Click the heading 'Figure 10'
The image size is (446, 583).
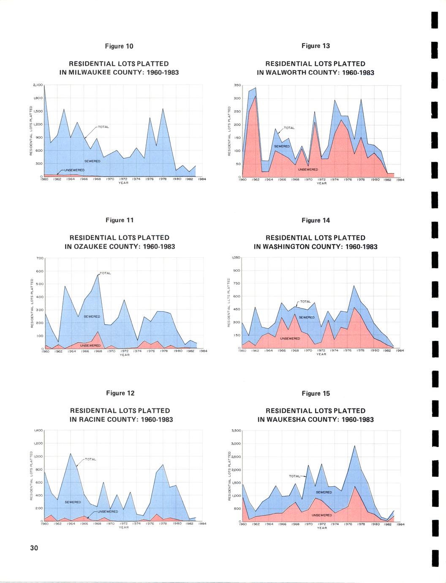tap(120, 46)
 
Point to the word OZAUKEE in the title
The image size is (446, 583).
tap(91, 247)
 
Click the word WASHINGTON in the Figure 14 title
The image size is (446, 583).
tap(291, 247)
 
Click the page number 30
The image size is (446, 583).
tap(34, 548)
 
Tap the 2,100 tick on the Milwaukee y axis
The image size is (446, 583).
tap(38, 85)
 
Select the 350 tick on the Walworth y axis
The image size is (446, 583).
tap(237, 85)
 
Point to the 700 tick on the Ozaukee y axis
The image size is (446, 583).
tap(40, 258)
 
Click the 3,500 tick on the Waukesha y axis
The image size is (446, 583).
tap(236, 430)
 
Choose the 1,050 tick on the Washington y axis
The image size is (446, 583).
tap(236, 257)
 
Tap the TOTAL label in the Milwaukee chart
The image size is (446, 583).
tap(103, 127)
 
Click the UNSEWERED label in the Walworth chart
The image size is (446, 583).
tap(308, 169)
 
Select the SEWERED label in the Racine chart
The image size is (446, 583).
tap(73, 502)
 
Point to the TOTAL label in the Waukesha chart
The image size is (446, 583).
tap(294, 476)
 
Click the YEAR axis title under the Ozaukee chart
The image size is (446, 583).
tap(124, 355)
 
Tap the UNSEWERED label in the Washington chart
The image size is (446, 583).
tap(290, 338)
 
